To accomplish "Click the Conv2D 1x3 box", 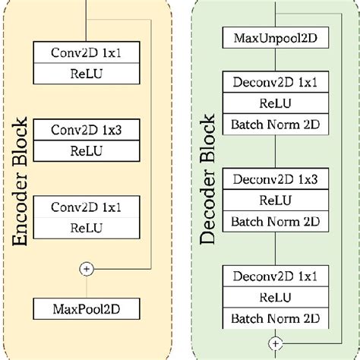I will tap(86, 131).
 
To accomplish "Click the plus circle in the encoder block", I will tap(86, 268).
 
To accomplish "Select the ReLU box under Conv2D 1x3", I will tap(86, 149).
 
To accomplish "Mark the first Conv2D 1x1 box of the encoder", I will tap(86, 52).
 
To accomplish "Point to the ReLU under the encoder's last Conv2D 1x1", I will tap(86, 227).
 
